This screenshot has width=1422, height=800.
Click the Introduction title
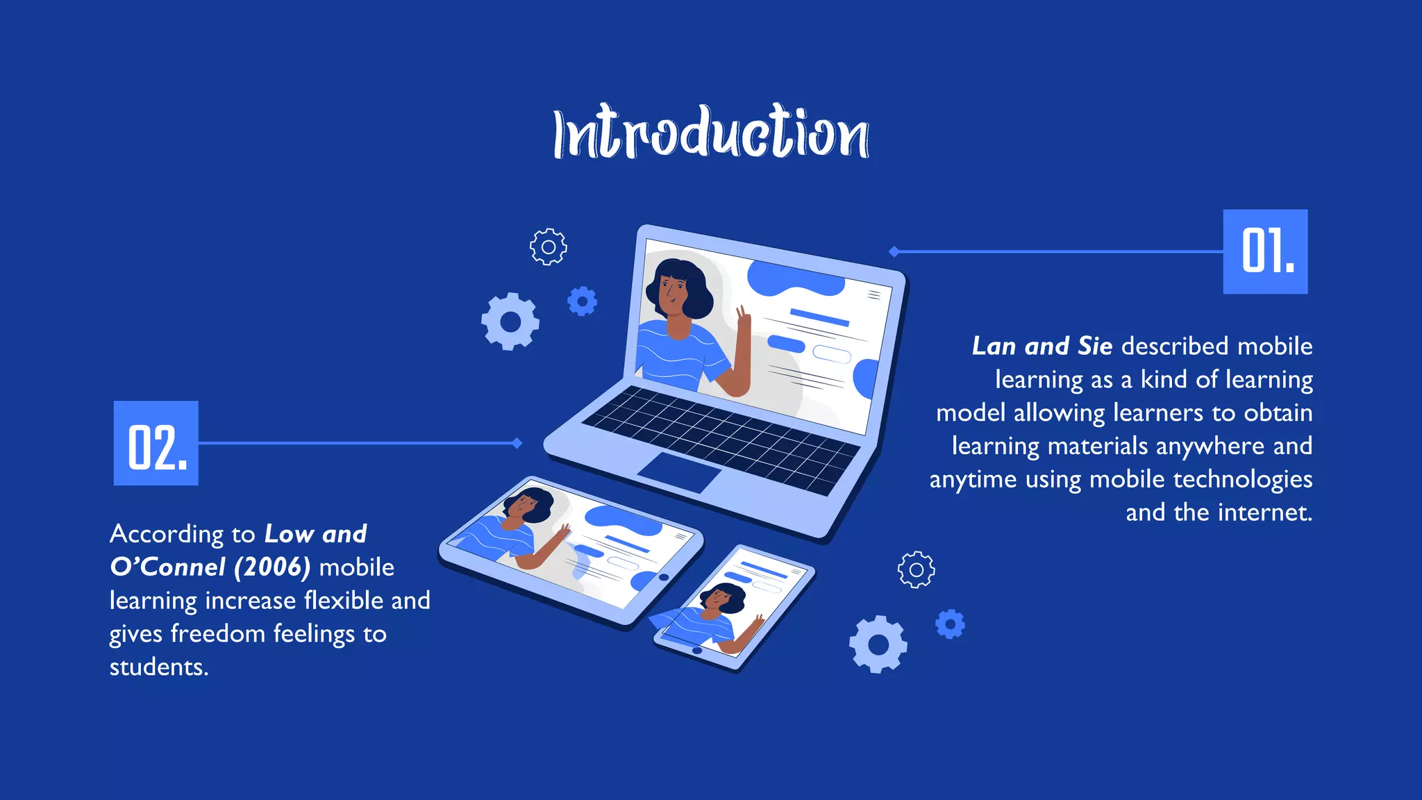[711, 133]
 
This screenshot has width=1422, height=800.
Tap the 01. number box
[1265, 251]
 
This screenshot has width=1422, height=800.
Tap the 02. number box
[156, 443]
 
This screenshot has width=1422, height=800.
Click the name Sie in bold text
[1095, 346]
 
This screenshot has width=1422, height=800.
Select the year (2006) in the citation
[272, 567]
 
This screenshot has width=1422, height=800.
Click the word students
[158, 667]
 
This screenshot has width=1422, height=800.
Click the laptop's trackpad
[679, 472]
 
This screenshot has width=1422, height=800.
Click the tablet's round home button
[664, 577]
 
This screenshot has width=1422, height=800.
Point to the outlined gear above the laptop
[549, 247]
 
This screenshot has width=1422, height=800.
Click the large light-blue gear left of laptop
[510, 322]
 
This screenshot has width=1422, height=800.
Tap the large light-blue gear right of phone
[878, 644]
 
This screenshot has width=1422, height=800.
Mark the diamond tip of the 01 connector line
[894, 251]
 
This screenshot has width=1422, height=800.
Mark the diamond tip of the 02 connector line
[517, 443]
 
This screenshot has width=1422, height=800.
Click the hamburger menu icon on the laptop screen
[874, 295]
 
